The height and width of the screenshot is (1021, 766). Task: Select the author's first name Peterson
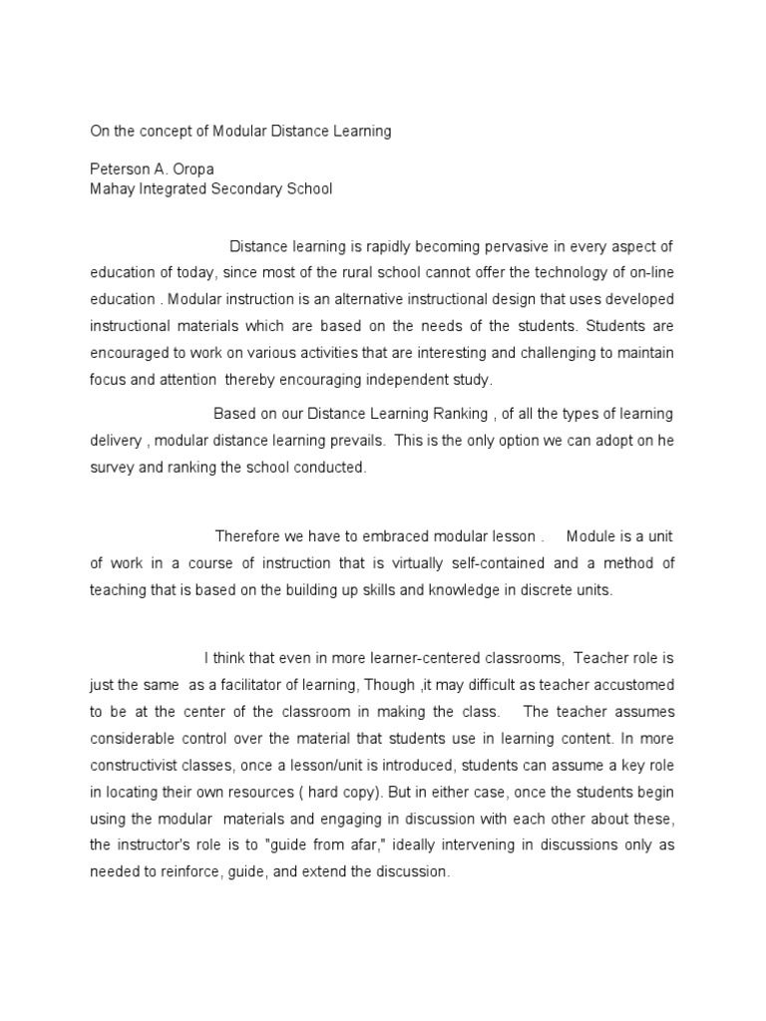click(x=121, y=169)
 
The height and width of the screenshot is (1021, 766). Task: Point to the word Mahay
click(x=111, y=187)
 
